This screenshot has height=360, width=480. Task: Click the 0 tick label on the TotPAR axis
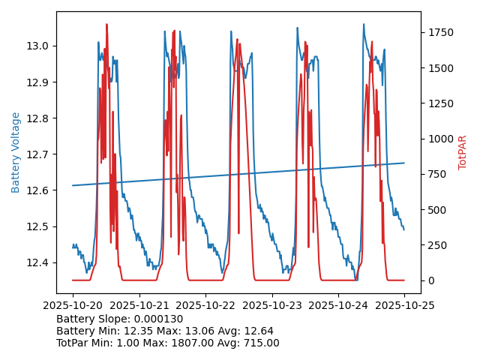pos(430,280)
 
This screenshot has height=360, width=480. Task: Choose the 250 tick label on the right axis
pos(437,245)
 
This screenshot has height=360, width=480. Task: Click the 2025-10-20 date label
pos(73,305)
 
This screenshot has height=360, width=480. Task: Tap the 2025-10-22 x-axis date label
pos(205,305)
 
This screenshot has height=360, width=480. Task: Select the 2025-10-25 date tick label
pos(404,305)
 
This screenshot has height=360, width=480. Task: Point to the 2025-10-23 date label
pos(271,305)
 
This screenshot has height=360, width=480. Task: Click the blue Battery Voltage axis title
pos(16,152)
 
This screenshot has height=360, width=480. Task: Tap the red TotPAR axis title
pos(463,152)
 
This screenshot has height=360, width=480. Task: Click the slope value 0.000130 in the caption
pos(160,319)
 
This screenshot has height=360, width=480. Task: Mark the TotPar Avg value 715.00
pos(259,343)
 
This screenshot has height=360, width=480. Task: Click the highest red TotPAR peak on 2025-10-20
pos(106,25)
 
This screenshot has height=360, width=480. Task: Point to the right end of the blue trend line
pos(404,163)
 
